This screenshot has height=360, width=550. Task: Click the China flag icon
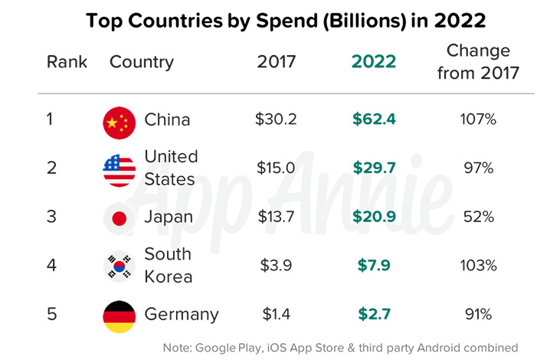coord(119,120)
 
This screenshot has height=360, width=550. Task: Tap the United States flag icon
coord(119,169)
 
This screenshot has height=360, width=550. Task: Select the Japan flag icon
coord(119,218)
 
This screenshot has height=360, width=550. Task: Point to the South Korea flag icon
coord(119,266)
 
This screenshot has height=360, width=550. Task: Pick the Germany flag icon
coord(119,315)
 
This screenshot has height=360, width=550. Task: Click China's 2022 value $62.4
coord(374,119)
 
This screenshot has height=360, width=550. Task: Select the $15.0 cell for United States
coord(275,169)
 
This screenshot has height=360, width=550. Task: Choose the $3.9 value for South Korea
coord(275,266)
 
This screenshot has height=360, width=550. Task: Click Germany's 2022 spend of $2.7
coord(374,315)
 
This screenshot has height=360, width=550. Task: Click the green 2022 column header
coord(374,62)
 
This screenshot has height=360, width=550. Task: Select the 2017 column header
coord(275,62)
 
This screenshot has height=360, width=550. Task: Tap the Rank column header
coord(67,62)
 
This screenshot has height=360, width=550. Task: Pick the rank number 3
coord(51,218)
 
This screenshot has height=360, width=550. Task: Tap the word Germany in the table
coord(182,315)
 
